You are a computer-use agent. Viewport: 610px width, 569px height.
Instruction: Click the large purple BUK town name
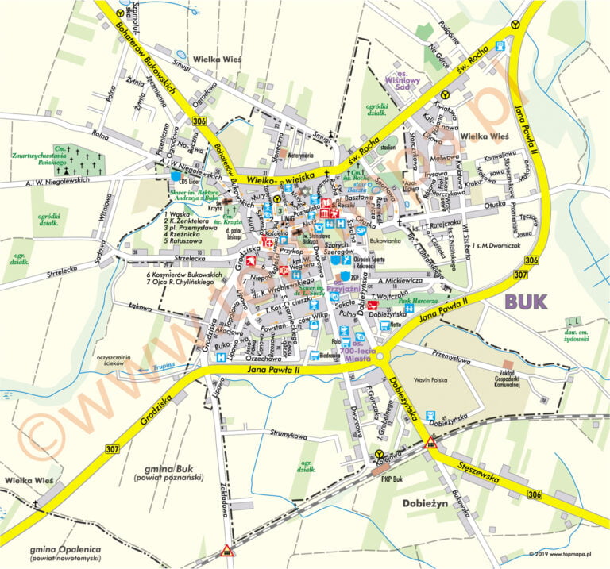[x=527, y=300]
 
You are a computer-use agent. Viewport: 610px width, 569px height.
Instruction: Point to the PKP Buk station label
[x=392, y=479]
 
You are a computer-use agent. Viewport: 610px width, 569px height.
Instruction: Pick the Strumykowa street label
[x=288, y=435]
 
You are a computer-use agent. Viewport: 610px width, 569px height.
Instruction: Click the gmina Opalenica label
[x=62, y=550]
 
